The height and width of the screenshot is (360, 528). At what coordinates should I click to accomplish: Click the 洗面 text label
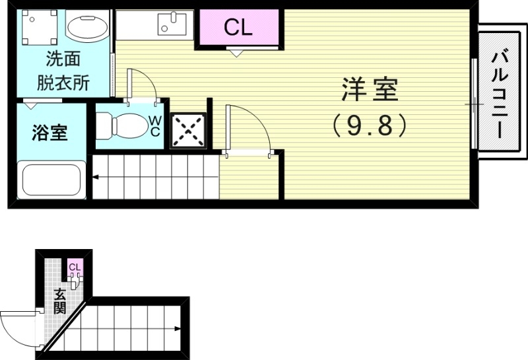click(x=63, y=59)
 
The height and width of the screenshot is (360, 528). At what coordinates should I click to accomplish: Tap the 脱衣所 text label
click(x=63, y=84)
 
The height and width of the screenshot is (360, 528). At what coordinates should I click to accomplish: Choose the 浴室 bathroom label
click(x=49, y=133)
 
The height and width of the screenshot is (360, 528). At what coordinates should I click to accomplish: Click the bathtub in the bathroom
click(x=51, y=179)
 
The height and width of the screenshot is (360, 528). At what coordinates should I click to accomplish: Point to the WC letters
click(x=154, y=126)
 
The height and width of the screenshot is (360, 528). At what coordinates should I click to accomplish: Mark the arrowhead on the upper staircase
click(x=96, y=177)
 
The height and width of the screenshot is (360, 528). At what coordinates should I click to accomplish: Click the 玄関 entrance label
click(x=59, y=301)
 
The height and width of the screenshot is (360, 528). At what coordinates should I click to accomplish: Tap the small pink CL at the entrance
click(x=75, y=268)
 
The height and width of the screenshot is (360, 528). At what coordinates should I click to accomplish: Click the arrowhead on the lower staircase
click(x=178, y=328)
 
